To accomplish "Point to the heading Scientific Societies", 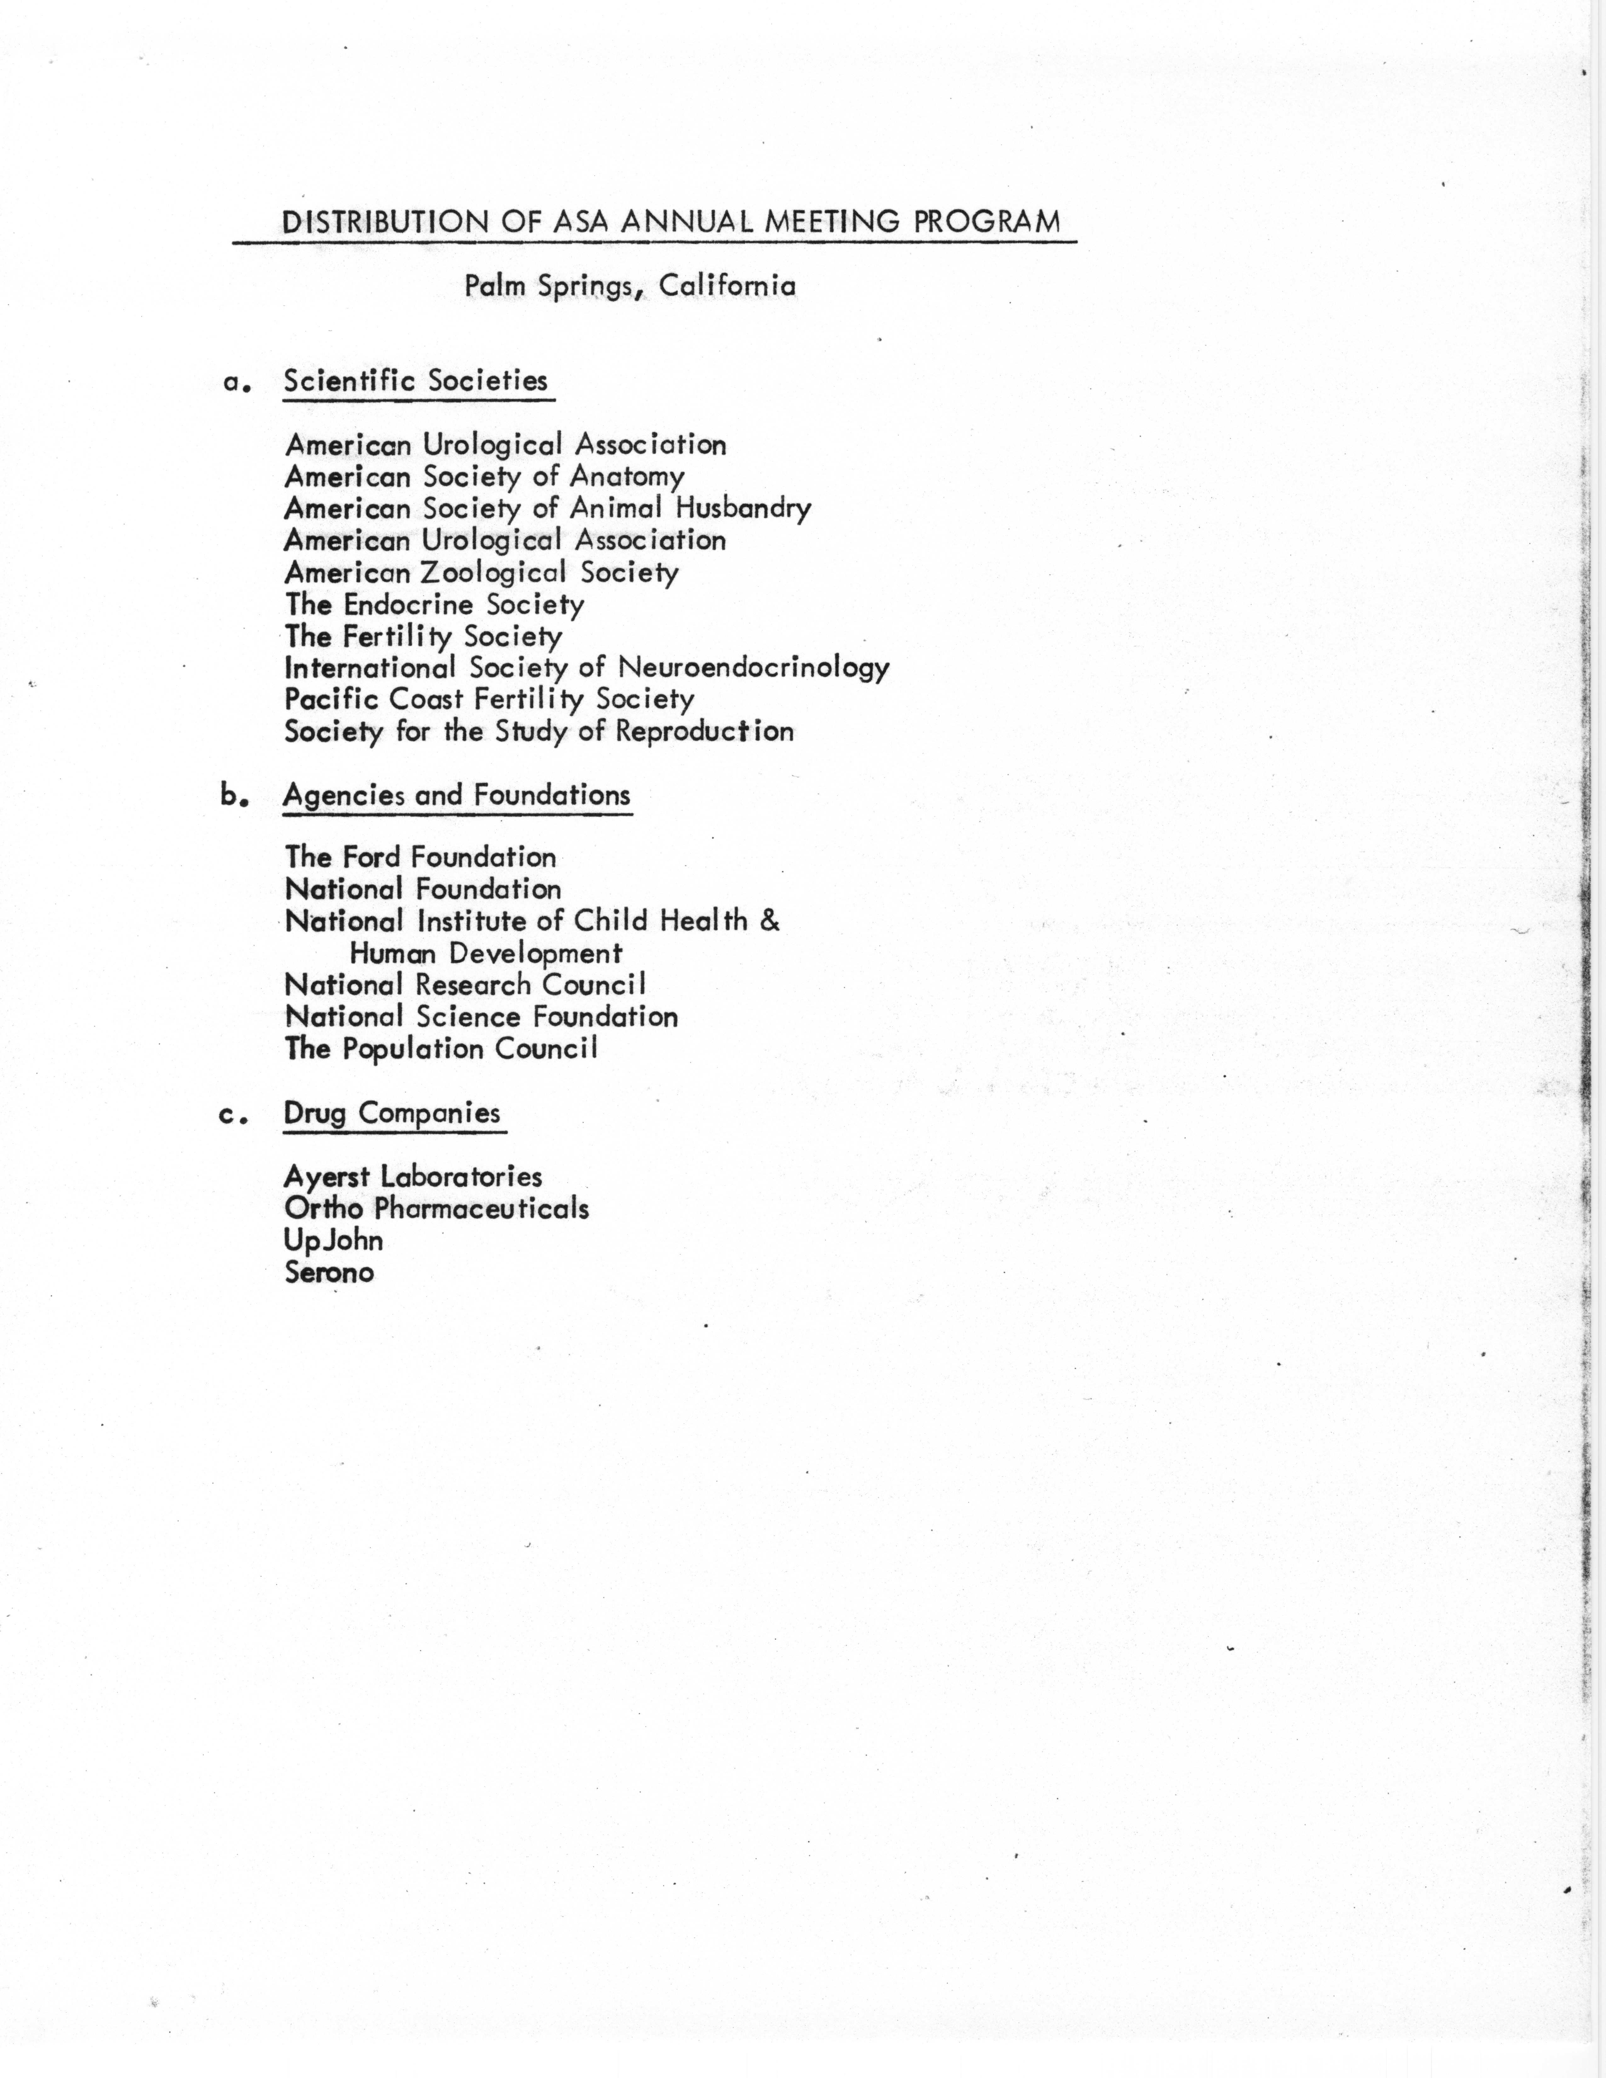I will pyautogui.click(x=416, y=382).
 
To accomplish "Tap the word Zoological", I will pyautogui.click(x=494, y=573).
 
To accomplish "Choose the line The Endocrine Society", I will pyautogui.click(x=434, y=605).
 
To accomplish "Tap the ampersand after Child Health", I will pyautogui.click(x=770, y=921).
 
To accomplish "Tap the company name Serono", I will pyautogui.click(x=329, y=1273).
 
